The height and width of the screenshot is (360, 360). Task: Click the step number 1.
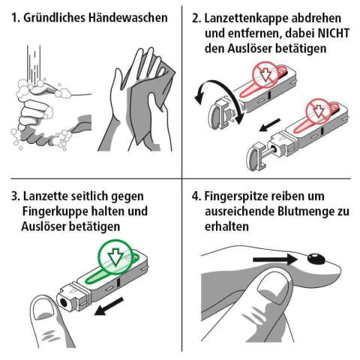[x=9, y=16]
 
